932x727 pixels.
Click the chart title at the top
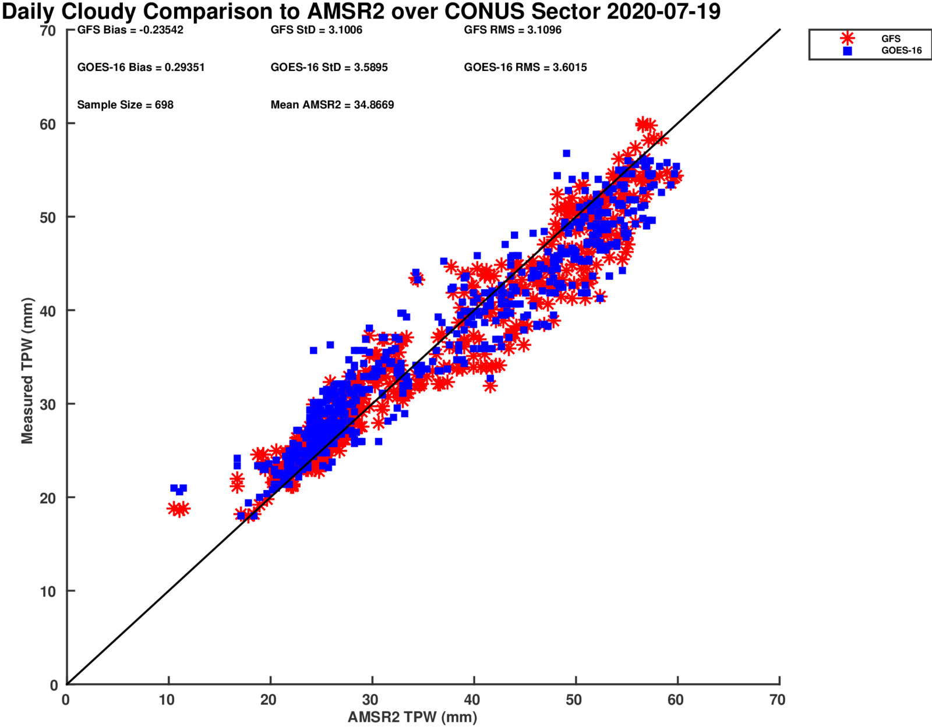point(361,12)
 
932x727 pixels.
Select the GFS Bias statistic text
point(130,30)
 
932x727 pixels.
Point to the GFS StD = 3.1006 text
point(316,30)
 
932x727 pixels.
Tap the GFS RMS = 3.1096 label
point(513,30)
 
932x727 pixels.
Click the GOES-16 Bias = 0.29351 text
point(141,68)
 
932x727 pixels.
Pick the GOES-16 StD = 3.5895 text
point(329,68)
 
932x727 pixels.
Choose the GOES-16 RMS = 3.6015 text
point(525,68)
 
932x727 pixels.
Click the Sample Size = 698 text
point(125,105)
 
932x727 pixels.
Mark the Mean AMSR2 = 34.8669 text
point(332,105)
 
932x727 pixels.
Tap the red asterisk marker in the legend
point(848,38)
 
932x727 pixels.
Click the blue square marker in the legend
point(848,51)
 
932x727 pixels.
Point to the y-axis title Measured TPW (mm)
point(27,371)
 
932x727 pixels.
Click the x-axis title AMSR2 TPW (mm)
point(412,717)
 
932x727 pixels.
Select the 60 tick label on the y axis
point(48,124)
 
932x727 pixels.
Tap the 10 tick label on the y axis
point(48,591)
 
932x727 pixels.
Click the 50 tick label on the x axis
point(574,700)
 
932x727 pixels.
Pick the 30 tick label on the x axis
point(370,700)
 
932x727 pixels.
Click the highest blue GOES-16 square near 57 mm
point(566,154)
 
